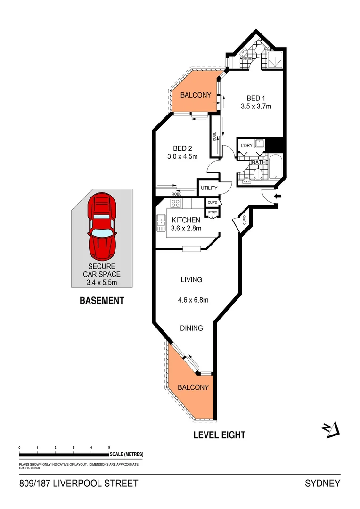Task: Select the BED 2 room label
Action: pos(183,148)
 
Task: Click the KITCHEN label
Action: pos(186,220)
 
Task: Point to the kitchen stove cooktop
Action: pos(176,204)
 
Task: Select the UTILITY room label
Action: pos(209,188)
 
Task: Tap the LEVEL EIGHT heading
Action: pos(220,435)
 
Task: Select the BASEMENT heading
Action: pos(102,300)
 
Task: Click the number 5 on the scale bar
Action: pos(109,447)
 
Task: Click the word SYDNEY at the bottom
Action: pos(323,484)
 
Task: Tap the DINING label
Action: pos(191,328)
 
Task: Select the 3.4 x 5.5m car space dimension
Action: pos(102,283)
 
